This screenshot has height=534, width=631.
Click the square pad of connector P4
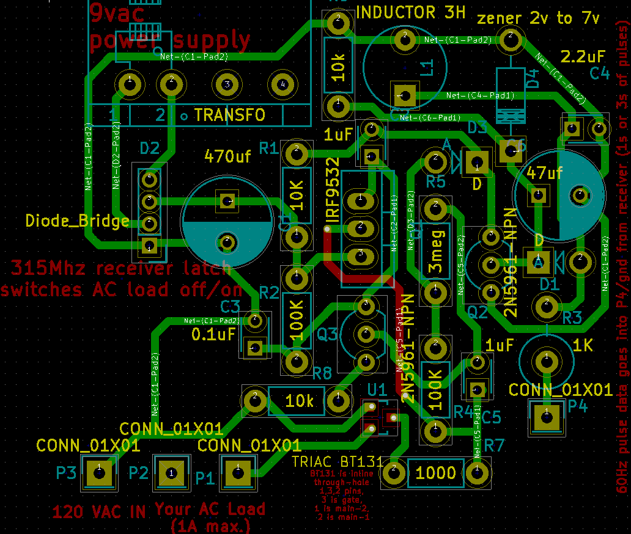tap(547, 418)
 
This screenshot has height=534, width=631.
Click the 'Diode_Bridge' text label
tap(78, 221)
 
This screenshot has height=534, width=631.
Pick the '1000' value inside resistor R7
tap(436, 472)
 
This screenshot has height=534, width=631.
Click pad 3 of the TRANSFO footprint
tap(227, 84)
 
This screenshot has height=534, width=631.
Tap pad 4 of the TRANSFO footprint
tap(282, 84)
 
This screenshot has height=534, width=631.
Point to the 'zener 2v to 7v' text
tap(538, 18)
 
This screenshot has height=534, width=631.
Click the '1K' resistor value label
tap(583, 345)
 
